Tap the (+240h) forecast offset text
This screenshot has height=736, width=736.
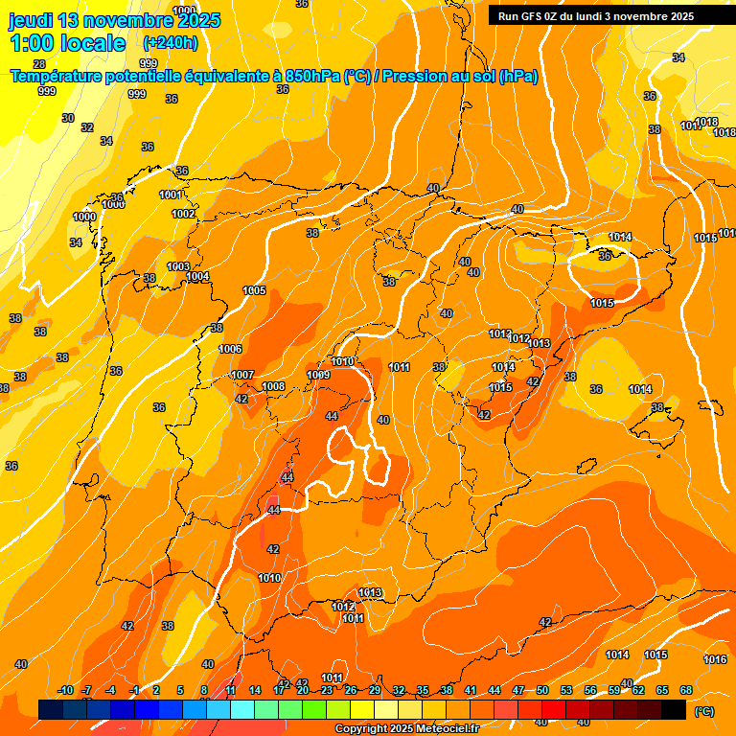click(x=171, y=42)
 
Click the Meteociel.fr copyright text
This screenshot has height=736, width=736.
click(x=406, y=728)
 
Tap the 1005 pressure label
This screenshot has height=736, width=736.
click(x=254, y=290)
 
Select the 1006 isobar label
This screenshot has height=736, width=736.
click(x=230, y=349)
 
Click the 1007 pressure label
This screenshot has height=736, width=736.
click(x=242, y=375)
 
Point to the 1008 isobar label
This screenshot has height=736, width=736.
click(x=273, y=386)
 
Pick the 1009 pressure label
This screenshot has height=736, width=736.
click(x=318, y=375)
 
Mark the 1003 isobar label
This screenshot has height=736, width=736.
click(x=177, y=266)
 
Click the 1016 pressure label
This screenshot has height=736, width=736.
click(x=714, y=659)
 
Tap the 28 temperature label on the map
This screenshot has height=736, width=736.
click(x=39, y=91)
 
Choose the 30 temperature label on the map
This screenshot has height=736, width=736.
click(x=67, y=118)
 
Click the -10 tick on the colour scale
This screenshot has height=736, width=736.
click(x=65, y=690)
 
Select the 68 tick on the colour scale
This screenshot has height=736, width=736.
click(x=686, y=690)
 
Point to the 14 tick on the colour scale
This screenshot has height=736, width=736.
click(x=255, y=690)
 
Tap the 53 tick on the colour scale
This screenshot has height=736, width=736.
click(x=566, y=690)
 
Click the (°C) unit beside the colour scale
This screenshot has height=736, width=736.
click(x=704, y=711)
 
